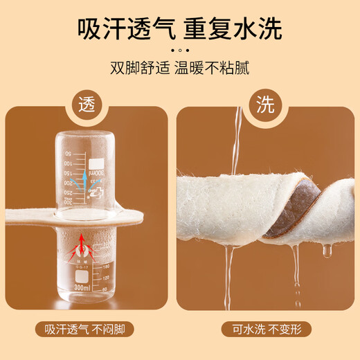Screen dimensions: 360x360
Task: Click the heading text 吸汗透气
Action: click(x=127, y=29)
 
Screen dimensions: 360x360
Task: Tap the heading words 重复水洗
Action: click(x=233, y=29)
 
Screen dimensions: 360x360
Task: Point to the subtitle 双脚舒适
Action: click(x=140, y=68)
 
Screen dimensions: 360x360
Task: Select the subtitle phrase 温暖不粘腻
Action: click(x=212, y=68)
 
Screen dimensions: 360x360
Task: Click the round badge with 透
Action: click(x=87, y=105)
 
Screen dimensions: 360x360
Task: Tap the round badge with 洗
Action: click(x=265, y=105)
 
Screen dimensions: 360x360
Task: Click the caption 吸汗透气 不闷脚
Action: click(x=84, y=329)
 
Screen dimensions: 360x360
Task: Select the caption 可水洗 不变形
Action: click(x=267, y=329)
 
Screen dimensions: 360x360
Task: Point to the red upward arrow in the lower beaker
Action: click(x=81, y=244)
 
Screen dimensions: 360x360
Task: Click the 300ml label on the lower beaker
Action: click(x=82, y=288)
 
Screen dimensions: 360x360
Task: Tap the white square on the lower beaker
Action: click(x=82, y=276)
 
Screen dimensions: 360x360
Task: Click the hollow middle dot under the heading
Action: click(x=180, y=51)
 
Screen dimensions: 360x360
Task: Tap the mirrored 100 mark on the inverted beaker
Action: click(x=68, y=163)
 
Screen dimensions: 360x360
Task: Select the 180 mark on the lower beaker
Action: click(x=106, y=267)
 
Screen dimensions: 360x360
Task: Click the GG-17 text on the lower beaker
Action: click(x=82, y=267)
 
